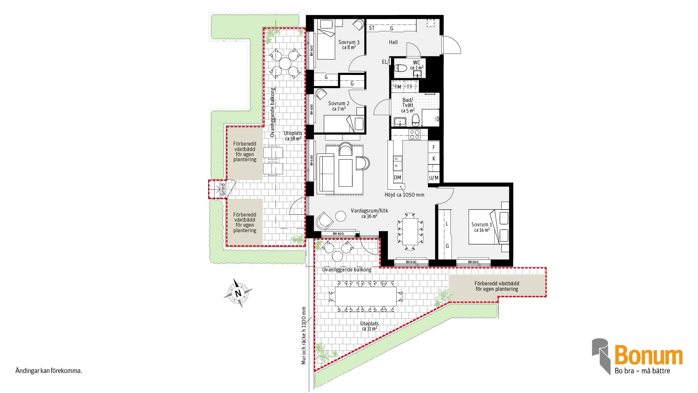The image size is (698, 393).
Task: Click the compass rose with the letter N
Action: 238,293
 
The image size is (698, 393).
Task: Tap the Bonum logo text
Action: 649,355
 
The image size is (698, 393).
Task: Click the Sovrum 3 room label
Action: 349,42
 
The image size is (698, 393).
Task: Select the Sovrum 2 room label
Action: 339,103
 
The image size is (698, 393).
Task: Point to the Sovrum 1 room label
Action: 482,225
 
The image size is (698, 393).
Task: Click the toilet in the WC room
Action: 401,68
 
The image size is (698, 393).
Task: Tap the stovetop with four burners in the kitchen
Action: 415,134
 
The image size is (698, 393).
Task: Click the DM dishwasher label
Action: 397,178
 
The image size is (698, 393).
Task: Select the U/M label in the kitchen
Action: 434,178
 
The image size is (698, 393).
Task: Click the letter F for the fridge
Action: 434,147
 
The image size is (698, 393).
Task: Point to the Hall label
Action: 393,42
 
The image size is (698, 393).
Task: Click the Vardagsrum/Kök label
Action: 369,211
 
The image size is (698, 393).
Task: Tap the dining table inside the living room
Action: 410,231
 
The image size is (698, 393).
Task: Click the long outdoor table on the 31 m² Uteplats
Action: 366,296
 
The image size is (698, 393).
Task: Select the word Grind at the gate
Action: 223,190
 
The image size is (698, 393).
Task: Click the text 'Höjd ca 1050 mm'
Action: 404,195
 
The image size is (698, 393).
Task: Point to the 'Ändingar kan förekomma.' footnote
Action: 49,371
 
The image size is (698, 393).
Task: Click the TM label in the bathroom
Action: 398,87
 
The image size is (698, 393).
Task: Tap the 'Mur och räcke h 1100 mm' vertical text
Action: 304,336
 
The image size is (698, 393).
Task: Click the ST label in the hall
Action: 372,28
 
